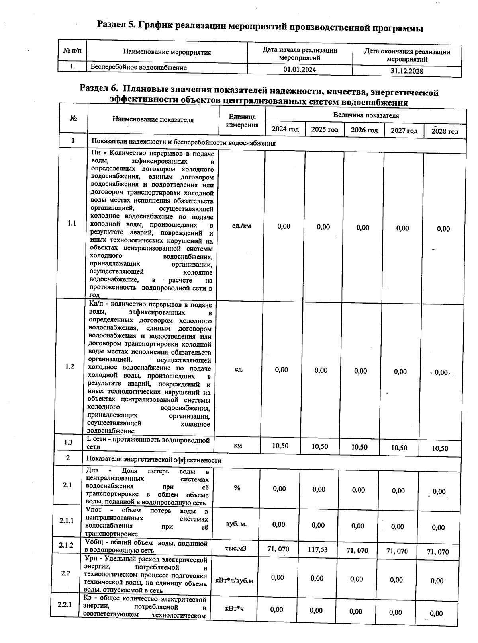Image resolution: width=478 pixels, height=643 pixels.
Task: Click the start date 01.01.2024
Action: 300,69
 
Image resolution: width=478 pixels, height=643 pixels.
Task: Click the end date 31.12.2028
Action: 407,71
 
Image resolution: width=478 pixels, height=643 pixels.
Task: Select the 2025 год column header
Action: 325,129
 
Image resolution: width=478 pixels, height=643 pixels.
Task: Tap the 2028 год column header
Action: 445,131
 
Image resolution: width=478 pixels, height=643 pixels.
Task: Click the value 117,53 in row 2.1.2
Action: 318,549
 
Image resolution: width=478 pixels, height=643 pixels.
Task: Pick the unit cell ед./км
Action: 241,226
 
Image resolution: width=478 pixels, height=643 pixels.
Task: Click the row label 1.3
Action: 68,442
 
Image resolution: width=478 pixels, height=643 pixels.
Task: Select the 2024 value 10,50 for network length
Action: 280,446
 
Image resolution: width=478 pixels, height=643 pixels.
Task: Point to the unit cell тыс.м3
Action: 236,549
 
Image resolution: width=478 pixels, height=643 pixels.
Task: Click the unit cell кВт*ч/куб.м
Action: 234,581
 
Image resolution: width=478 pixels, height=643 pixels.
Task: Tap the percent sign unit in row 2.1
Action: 237,488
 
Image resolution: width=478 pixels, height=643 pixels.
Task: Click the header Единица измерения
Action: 242,121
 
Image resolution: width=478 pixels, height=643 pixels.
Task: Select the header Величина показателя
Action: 366,115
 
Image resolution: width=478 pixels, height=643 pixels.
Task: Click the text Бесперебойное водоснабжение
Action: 139,68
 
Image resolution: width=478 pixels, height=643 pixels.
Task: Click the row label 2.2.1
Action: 64,605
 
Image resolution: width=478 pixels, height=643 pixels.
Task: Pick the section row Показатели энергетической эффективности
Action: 154,460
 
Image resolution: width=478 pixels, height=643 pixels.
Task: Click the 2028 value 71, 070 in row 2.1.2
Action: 437,552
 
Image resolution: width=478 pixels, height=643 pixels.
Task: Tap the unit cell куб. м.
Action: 236,524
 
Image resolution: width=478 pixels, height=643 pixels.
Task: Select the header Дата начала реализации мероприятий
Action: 300,54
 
